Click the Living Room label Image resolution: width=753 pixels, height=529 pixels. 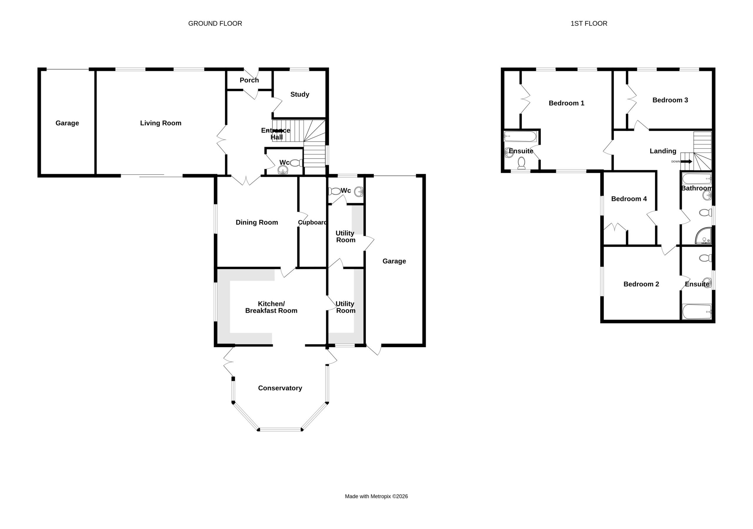(x=160, y=123)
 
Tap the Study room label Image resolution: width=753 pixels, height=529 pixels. (x=300, y=94)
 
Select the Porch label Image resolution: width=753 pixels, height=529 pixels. (x=249, y=80)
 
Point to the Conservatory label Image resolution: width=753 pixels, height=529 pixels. (x=280, y=388)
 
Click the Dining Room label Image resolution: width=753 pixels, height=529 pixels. (x=257, y=222)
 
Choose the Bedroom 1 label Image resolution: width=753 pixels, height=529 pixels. (x=567, y=103)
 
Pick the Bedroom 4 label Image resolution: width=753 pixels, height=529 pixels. (x=629, y=199)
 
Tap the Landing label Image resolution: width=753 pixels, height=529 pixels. (x=663, y=151)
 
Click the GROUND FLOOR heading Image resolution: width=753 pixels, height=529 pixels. (x=215, y=23)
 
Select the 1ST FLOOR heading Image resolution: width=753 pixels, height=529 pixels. (x=589, y=23)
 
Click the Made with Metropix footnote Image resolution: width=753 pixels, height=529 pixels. (x=376, y=496)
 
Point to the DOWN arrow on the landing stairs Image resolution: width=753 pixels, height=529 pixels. (x=687, y=161)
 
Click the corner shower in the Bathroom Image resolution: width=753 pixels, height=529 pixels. (x=704, y=236)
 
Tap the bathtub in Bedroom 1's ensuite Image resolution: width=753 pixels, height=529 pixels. (x=520, y=136)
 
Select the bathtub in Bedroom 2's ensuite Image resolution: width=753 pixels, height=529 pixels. (x=697, y=312)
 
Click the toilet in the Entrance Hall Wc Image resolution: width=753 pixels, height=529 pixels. (x=296, y=163)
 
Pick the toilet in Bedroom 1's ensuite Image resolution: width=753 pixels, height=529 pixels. (x=521, y=163)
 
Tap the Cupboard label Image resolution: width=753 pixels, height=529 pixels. (x=312, y=222)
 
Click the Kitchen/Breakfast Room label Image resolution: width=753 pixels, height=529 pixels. (x=271, y=307)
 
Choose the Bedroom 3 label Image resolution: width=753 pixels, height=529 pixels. (x=670, y=100)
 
